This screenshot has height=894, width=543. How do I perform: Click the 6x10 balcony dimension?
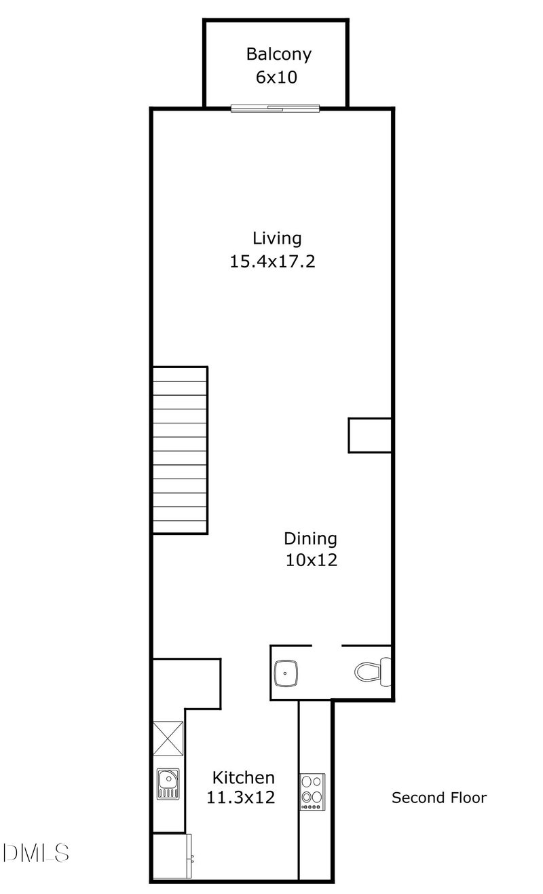pyautogui.click(x=276, y=77)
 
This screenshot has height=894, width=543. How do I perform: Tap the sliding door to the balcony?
pyautogui.click(x=275, y=108)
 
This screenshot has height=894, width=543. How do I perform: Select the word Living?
pyautogui.click(x=277, y=238)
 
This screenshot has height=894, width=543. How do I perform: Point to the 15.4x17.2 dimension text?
pyautogui.click(x=273, y=261)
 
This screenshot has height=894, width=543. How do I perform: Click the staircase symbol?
pyautogui.click(x=180, y=449)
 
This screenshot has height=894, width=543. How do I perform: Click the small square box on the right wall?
pyautogui.click(x=370, y=435)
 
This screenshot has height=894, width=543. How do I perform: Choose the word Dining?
pyautogui.click(x=310, y=539)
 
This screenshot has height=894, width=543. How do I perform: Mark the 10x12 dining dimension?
pyautogui.click(x=312, y=561)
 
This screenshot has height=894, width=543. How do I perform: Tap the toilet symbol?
pyautogui.click(x=372, y=671)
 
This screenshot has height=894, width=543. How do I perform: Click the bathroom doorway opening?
pyautogui.click(x=326, y=646)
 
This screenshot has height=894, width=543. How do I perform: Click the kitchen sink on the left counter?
pyautogui.click(x=168, y=783)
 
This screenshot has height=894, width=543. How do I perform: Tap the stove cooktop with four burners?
pyautogui.click(x=312, y=791)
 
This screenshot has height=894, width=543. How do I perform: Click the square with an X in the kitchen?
pyautogui.click(x=168, y=738)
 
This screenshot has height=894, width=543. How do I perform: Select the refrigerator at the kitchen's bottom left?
pyautogui.click(x=172, y=857)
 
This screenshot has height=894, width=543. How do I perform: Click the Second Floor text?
pyautogui.click(x=439, y=798)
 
